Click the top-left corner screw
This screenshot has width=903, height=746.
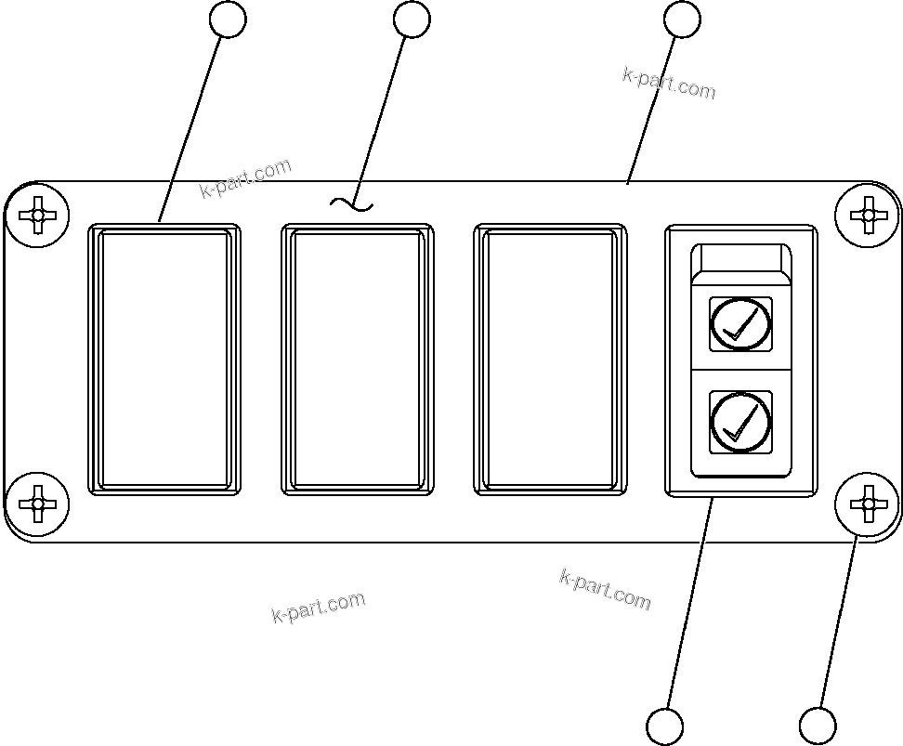pos(37,216)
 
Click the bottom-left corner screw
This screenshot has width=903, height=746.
pos(37,504)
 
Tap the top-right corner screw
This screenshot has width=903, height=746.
pos(867,216)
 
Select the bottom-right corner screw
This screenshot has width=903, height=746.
pos(867,504)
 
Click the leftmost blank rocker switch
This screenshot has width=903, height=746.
pos(164,359)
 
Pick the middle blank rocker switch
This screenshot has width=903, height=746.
pos(357,359)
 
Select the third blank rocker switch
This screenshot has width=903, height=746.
pos(550,359)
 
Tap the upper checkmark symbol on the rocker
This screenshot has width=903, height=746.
pos(740,324)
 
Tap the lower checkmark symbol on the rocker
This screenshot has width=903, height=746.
pos(740,422)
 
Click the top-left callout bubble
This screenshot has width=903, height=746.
pos(229,20)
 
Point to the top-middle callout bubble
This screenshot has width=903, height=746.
pos(412,20)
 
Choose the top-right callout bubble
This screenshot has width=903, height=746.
pos(683,20)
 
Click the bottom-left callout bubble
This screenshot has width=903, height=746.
pos(664,726)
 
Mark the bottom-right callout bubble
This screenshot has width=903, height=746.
pos(818,726)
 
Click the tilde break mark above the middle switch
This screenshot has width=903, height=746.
pos(352,203)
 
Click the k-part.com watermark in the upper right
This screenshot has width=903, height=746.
pos(669,83)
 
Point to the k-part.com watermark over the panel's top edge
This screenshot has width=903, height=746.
pos(245,178)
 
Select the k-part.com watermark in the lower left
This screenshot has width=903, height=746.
pos(319,608)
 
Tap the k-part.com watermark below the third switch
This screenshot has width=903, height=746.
pos(605,589)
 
